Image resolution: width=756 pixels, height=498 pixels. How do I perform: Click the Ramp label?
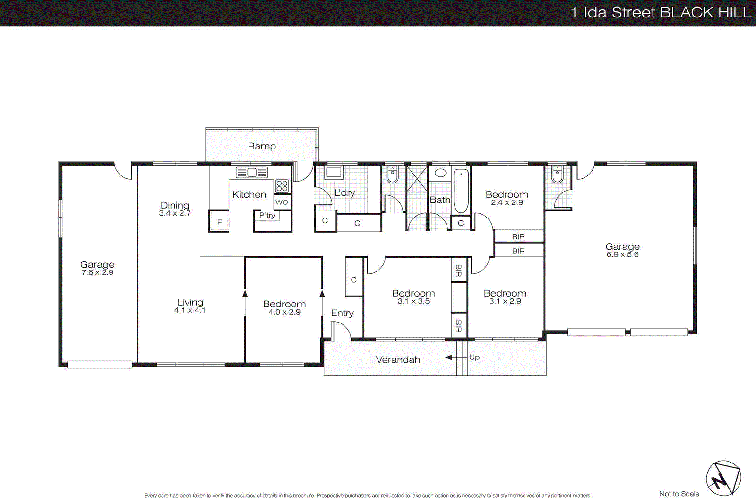tap(262, 146)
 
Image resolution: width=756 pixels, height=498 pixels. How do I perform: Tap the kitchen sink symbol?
tap(252, 173)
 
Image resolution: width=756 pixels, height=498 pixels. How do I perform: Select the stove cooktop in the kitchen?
tap(282, 186)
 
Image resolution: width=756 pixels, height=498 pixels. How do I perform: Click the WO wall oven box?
tap(282, 202)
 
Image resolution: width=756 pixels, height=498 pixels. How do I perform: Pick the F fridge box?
tap(219, 222)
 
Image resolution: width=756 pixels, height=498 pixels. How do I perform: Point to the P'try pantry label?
tap(267, 215)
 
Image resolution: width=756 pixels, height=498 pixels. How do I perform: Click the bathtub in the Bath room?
tap(461, 191)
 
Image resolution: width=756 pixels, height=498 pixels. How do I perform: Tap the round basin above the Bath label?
tap(440, 173)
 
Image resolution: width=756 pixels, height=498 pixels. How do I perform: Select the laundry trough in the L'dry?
tap(334, 172)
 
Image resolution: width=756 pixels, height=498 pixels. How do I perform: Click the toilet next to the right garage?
tap(558, 174)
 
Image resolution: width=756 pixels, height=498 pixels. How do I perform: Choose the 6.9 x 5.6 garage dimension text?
tap(622, 254)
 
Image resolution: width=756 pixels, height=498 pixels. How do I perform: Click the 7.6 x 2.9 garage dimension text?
tap(97, 272)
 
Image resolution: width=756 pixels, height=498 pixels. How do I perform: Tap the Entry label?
tap(342, 313)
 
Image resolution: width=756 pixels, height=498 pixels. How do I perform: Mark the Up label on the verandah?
tap(474, 357)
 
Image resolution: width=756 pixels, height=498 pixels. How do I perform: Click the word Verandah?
tap(398, 360)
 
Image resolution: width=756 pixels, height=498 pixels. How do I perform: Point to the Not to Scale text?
tap(679, 494)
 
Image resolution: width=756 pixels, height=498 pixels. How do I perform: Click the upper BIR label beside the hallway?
tap(518, 237)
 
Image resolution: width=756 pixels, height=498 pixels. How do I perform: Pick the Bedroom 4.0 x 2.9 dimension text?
tap(284, 312)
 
